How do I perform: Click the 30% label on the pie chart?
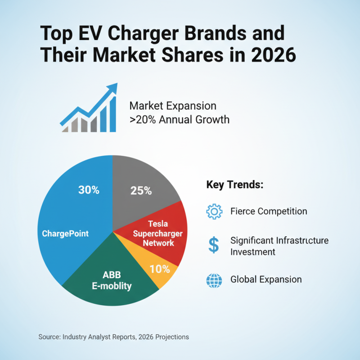coord(89,190)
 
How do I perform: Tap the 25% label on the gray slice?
coord(141,191)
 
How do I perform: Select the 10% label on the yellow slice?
coord(160,269)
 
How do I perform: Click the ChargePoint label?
coord(65,234)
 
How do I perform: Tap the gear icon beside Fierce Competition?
coord(214,211)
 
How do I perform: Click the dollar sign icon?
coord(214,245)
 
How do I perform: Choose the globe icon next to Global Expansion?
coord(214,279)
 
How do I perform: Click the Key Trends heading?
coord(234,185)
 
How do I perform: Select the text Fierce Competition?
coord(269,211)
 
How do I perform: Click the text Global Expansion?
coord(266,279)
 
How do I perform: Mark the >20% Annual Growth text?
coord(179,120)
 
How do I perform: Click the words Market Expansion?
coord(173,106)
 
